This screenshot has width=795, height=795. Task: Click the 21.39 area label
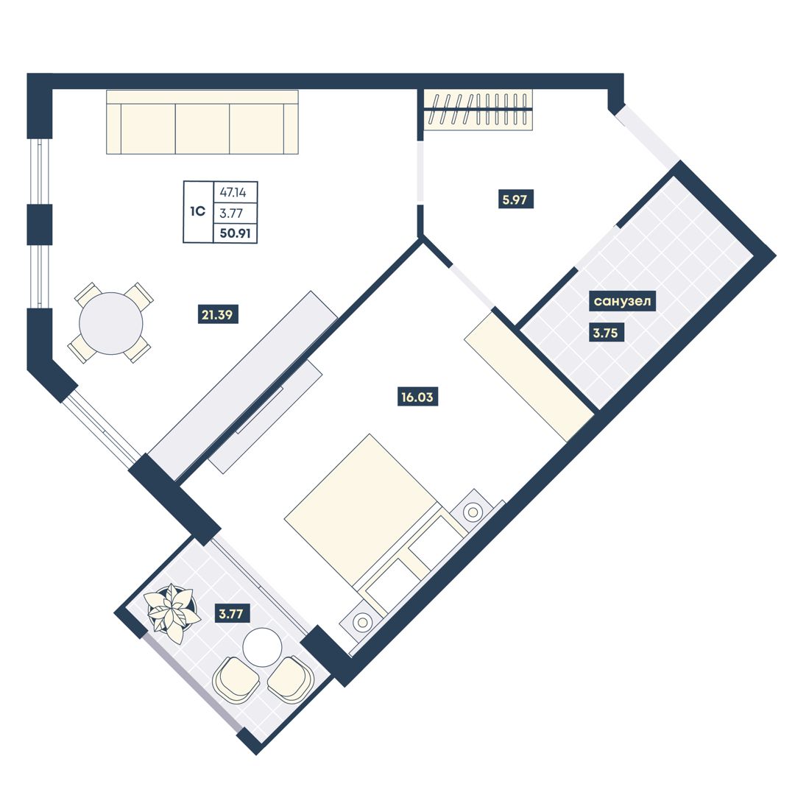(217, 315)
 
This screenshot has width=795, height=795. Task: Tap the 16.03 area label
(417, 397)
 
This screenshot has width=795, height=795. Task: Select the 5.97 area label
(515, 199)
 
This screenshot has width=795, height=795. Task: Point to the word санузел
(622, 301)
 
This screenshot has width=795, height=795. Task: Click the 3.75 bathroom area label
(605, 333)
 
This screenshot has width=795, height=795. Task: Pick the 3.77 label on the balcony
(230, 614)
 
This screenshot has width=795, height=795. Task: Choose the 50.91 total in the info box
(236, 234)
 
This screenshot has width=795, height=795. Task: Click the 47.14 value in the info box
(233, 193)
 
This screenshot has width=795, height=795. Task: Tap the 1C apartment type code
(198, 211)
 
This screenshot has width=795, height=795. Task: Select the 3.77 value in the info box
(230, 213)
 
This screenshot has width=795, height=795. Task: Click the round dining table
(111, 323)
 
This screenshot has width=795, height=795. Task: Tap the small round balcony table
(262, 647)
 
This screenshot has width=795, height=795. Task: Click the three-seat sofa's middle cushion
(202, 129)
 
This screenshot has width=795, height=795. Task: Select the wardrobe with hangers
(478, 110)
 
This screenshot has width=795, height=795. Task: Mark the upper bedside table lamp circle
(473, 512)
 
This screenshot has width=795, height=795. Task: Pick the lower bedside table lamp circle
(362, 621)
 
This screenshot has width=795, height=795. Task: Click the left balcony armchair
(235, 679)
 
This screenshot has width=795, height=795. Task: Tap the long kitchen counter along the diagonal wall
(244, 385)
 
